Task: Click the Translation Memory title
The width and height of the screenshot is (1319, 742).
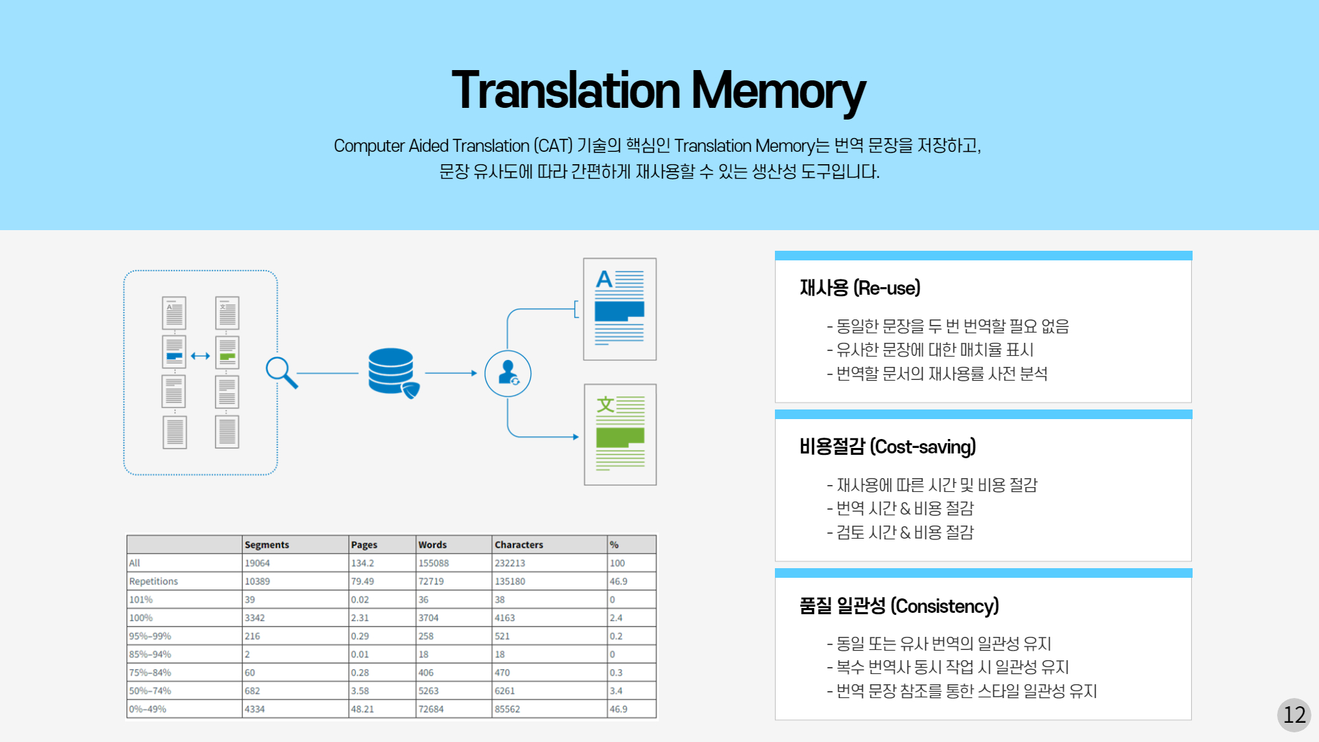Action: coord(659,91)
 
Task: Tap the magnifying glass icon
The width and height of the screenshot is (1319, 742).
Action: coord(282,373)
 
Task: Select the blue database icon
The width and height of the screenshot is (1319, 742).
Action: coord(393,373)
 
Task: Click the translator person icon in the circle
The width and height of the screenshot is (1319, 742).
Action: coord(508,374)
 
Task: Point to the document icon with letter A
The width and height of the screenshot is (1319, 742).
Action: coord(620,309)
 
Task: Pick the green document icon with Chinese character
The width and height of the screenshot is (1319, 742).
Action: coord(620,435)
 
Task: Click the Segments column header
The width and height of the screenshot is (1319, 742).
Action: coord(267,545)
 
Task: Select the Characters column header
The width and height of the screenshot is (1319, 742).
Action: coord(519,545)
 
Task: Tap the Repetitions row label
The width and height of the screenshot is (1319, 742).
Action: coord(153,581)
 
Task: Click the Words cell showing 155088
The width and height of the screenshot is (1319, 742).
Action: coord(433,563)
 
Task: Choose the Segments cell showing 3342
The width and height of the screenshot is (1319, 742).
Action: coord(255,618)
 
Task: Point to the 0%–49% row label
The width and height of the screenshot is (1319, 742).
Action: coord(148,709)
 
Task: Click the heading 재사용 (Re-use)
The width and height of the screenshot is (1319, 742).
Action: coord(860,288)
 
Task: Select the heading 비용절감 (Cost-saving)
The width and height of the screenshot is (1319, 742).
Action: coord(888,447)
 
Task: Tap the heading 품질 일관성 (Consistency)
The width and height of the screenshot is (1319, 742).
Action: coord(899,606)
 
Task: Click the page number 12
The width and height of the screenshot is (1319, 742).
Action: coord(1294,715)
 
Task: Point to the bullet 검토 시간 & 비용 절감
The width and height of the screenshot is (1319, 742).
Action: coord(901,532)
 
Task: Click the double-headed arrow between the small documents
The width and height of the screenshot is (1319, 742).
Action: coord(201,356)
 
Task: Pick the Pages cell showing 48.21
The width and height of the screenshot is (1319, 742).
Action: coord(362,709)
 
